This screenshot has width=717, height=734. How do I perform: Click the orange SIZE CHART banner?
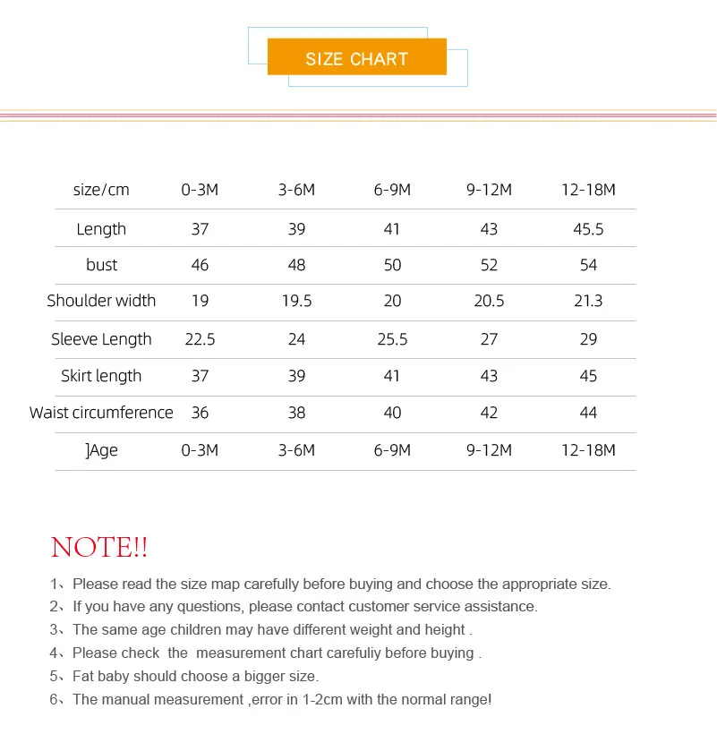[x=356, y=58]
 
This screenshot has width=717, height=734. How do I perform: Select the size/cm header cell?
[x=101, y=190]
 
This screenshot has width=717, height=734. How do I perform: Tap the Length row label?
[x=101, y=229]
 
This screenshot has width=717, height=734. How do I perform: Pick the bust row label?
[x=101, y=265]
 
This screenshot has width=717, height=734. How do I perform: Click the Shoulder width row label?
[x=101, y=301]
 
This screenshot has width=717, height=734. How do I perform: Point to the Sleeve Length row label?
[x=101, y=339]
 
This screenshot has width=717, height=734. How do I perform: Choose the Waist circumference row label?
[x=101, y=413]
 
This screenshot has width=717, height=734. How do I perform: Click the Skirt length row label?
[x=101, y=376]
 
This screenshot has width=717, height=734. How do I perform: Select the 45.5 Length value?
[x=588, y=229]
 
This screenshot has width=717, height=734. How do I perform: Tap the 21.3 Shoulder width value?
[x=588, y=301]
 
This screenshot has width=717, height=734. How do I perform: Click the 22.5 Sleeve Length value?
[x=200, y=339]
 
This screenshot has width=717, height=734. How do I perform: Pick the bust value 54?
[x=588, y=265]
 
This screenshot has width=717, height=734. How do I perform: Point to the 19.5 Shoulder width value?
[x=296, y=301]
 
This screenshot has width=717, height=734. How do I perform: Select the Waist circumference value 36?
[x=200, y=413]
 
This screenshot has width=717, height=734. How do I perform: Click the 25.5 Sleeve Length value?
[x=392, y=339]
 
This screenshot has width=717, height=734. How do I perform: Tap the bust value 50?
[x=392, y=265]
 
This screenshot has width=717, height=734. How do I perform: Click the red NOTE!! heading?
[x=99, y=547]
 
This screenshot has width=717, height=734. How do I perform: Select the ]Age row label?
[x=101, y=450]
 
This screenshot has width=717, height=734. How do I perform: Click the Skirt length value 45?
[x=588, y=376]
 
